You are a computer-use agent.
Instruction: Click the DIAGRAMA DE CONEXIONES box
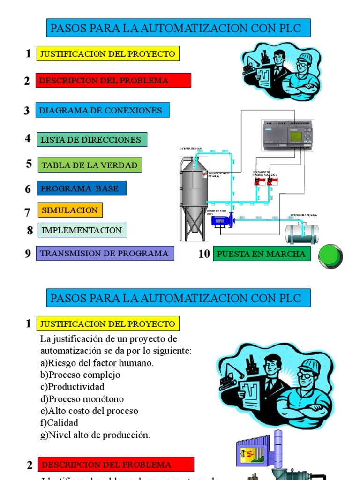coord(103,110)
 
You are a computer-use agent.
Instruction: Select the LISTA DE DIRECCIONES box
coord(92,140)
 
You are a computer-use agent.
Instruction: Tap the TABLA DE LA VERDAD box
coord(89,165)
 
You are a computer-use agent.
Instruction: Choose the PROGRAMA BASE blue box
coord(82,188)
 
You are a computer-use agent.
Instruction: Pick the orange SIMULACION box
coord(70,210)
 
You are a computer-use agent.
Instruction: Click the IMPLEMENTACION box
coord(82,230)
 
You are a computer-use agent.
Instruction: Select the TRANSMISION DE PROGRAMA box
coord(105,254)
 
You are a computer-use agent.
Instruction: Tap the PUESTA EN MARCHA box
coord(262,254)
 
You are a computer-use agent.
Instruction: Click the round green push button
coord(330,256)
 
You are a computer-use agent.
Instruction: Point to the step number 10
coord(204,254)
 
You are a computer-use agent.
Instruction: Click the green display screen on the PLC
coord(297,137)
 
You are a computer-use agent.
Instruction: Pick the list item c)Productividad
coord(73,387)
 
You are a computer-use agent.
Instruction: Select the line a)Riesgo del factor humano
coord(97,363)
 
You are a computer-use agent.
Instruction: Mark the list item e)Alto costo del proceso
coord(89,411)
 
